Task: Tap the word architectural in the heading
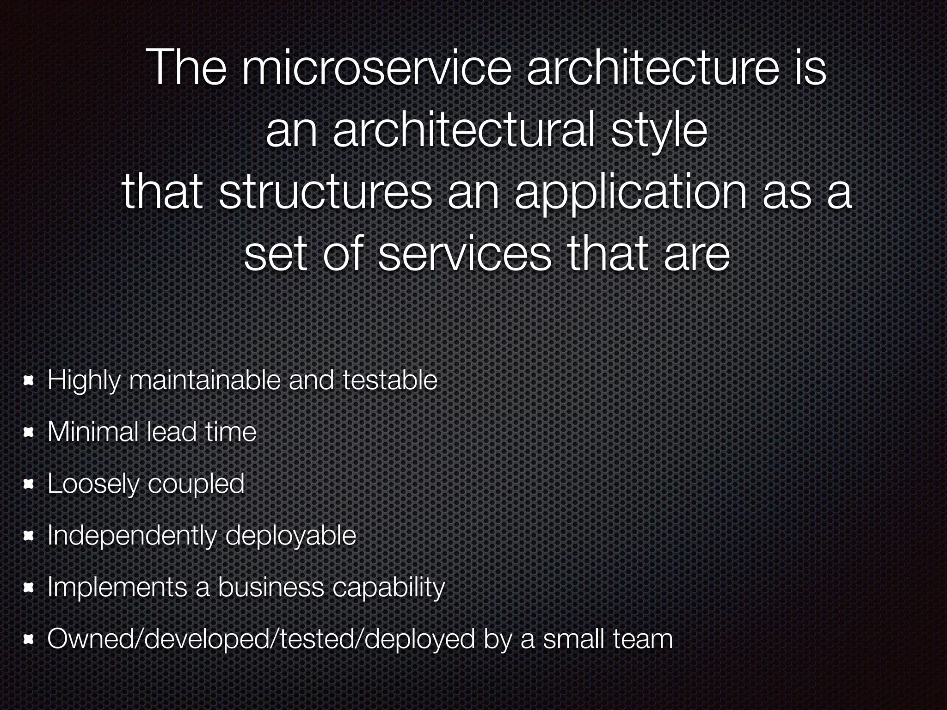[463, 131]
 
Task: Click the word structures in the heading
[325, 193]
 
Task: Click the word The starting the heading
[187, 68]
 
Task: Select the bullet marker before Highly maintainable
[29, 381]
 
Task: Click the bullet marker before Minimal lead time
[29, 433]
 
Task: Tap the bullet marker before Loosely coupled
[29, 484]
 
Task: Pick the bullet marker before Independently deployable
[29, 536]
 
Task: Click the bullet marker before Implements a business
[29, 588]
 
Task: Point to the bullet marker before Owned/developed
[29, 640]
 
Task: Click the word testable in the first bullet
[389, 380]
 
